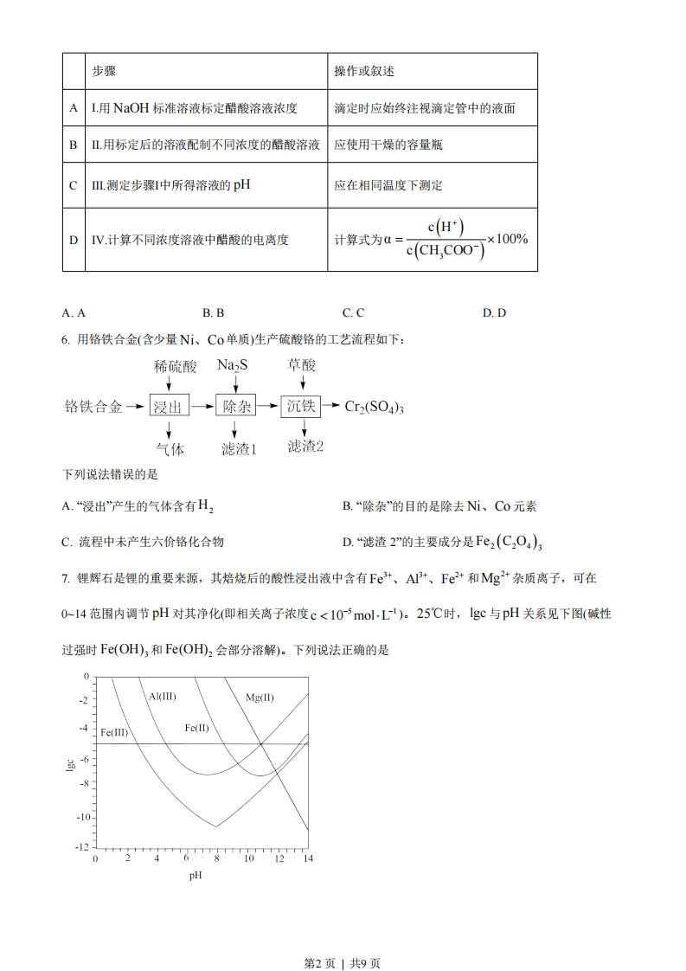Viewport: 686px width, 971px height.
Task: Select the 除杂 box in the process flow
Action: (237, 405)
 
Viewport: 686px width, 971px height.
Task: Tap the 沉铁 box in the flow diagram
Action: (301, 405)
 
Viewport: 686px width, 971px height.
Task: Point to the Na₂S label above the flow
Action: (233, 365)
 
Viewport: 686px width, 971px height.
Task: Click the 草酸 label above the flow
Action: (301, 365)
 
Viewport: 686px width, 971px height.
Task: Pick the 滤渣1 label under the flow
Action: (238, 448)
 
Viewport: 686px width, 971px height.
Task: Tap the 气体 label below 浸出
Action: (170, 448)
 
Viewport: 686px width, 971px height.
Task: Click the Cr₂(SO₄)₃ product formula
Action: (375, 407)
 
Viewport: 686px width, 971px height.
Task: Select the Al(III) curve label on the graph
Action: (162, 696)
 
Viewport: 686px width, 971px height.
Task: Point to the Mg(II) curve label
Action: (260, 697)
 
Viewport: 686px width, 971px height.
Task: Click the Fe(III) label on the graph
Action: (114, 732)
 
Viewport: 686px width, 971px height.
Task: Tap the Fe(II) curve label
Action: (197, 728)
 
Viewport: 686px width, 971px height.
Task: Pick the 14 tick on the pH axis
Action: (306, 859)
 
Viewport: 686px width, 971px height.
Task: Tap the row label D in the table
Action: (74, 239)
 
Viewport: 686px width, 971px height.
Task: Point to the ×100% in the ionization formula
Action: (507, 239)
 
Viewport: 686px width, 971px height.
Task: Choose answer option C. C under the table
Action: (353, 312)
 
